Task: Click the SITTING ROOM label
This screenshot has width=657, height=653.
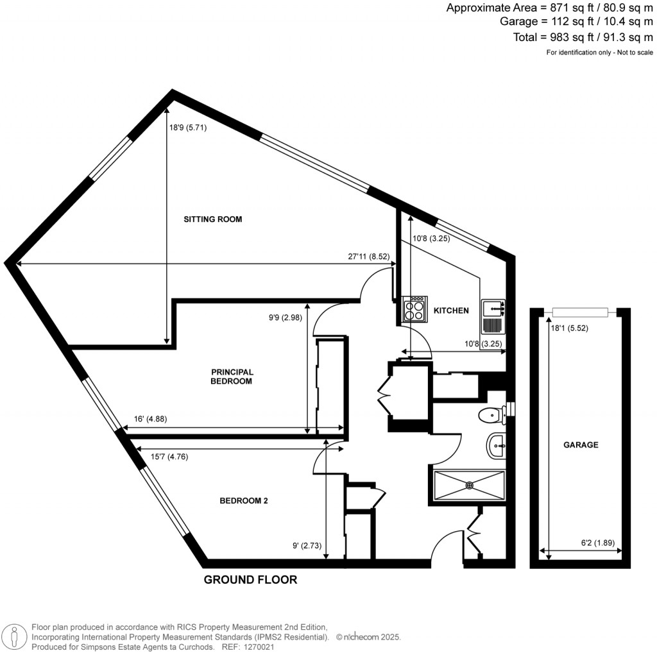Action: click(213, 219)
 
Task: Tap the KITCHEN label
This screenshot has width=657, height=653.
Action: click(451, 310)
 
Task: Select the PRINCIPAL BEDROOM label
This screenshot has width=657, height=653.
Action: click(232, 377)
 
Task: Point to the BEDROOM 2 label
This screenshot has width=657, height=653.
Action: click(243, 500)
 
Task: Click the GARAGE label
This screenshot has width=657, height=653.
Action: click(581, 445)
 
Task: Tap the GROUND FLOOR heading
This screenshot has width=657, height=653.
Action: click(251, 580)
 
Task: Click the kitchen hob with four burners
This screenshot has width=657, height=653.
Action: click(414, 309)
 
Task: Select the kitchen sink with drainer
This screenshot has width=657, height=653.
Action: click(493, 316)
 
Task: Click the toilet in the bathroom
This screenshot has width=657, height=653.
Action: click(492, 415)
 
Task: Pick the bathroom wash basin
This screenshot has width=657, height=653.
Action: click(497, 446)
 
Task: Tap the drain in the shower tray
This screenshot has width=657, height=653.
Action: click(469, 486)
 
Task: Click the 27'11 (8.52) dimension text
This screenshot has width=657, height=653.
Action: click(369, 257)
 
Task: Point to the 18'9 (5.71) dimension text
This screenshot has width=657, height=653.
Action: click(188, 128)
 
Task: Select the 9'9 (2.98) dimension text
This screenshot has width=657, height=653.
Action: click(286, 318)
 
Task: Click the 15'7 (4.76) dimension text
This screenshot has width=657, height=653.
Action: click(169, 457)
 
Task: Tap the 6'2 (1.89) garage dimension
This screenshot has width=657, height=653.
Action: click(598, 543)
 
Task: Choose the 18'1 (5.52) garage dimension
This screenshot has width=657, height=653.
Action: click(570, 328)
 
